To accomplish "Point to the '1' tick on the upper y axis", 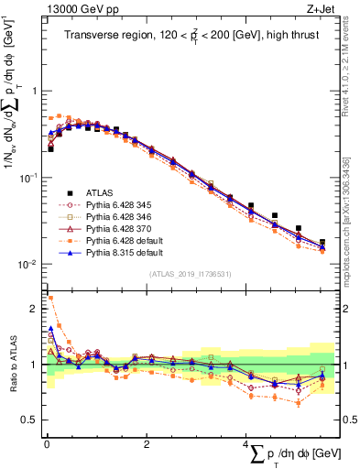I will tap(34, 92).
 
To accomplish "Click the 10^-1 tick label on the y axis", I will tap(28, 178).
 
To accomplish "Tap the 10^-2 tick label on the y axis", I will tap(28, 265).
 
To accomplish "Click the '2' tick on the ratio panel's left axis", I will tap(34, 309).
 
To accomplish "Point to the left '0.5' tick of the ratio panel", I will tap(29, 420).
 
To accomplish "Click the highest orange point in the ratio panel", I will tap(50, 298).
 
